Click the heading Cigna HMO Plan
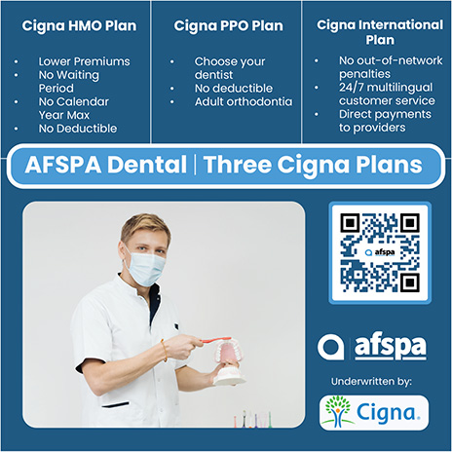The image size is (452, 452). click(79, 25)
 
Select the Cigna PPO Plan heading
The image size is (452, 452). click(228, 25)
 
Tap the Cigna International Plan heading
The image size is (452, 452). click(380, 32)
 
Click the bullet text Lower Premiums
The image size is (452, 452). click(84, 61)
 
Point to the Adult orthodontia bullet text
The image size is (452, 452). click(244, 101)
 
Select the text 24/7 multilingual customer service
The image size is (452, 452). click(387, 94)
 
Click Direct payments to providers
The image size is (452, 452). click(385, 121)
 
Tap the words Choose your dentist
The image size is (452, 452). click(230, 68)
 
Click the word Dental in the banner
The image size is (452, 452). click(147, 165)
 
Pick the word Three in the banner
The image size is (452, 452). click(238, 165)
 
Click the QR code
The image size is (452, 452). click(380, 252)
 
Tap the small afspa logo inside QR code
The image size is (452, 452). click(380, 252)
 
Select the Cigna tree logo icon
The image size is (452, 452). click(338, 411)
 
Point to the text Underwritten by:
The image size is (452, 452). click(371, 382)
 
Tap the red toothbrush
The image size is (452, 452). click(215, 340)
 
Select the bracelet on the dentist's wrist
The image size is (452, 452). click(165, 351)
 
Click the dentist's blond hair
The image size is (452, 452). click(145, 226)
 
